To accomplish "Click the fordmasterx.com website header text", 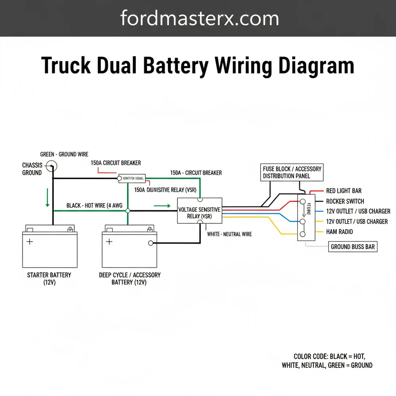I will coord(200,18).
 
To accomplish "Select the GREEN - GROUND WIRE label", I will coord(64,154).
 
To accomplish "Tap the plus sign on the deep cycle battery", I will coord(109,241).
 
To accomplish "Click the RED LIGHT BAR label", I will coord(343,191).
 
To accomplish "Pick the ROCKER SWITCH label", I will coord(345,201).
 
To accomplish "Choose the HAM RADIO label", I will coord(339,232).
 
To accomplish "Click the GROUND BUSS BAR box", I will coord(352,247).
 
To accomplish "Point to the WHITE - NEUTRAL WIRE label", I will coord(229,234).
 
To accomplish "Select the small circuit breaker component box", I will coord(133,178).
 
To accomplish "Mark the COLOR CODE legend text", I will coord(327,361).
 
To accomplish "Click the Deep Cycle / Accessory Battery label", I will coord(129,278).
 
